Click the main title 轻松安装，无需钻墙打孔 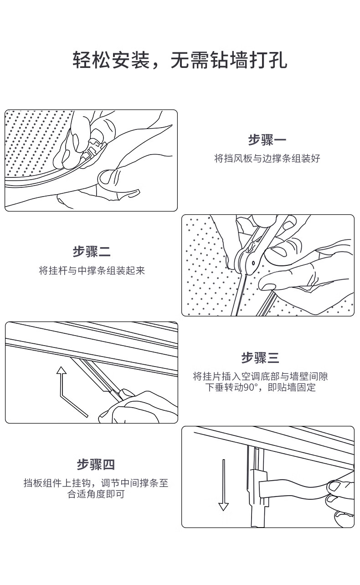tap(180, 60)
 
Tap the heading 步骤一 tap(267, 140)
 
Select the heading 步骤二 tap(92, 252)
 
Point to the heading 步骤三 tap(260, 357)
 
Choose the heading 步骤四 tap(96, 464)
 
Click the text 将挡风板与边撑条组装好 tap(267, 158)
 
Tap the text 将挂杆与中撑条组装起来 tap(92, 270)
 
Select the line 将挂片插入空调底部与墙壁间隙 tap(260, 376)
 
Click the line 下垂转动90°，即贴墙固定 tap(260, 387)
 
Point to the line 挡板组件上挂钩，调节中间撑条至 tap(96, 483)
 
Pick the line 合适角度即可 tap(96, 494)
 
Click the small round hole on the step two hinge tap(253, 263)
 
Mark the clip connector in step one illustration tap(93, 149)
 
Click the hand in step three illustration tap(139, 408)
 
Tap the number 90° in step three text tap(250, 387)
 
